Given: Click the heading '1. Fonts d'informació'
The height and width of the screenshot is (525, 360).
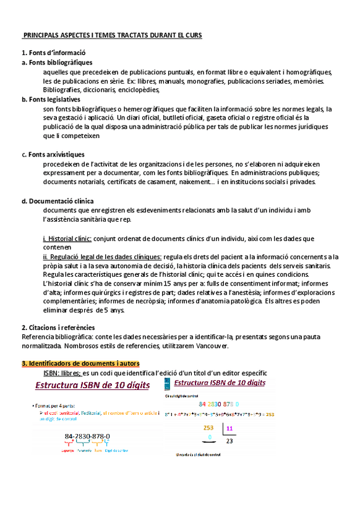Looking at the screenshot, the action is click(53, 53).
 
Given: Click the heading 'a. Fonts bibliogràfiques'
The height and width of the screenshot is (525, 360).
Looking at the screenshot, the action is click(57, 63).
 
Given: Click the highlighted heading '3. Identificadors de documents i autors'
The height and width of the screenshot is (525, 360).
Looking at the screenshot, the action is click(80, 363).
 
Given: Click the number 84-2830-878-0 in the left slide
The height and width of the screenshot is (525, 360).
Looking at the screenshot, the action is click(87, 436).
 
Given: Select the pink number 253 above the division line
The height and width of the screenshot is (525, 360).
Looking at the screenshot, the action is click(208, 428).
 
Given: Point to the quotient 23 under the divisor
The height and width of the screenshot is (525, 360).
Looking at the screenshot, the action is click(229, 441).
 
